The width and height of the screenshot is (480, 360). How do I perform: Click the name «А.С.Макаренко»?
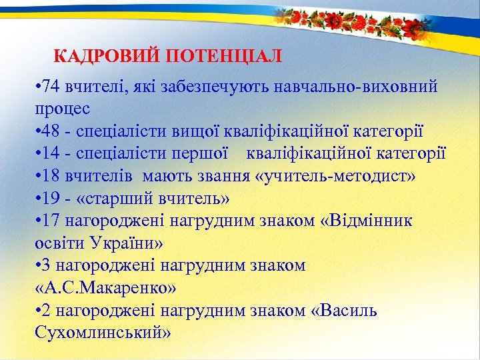tap(104, 287)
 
